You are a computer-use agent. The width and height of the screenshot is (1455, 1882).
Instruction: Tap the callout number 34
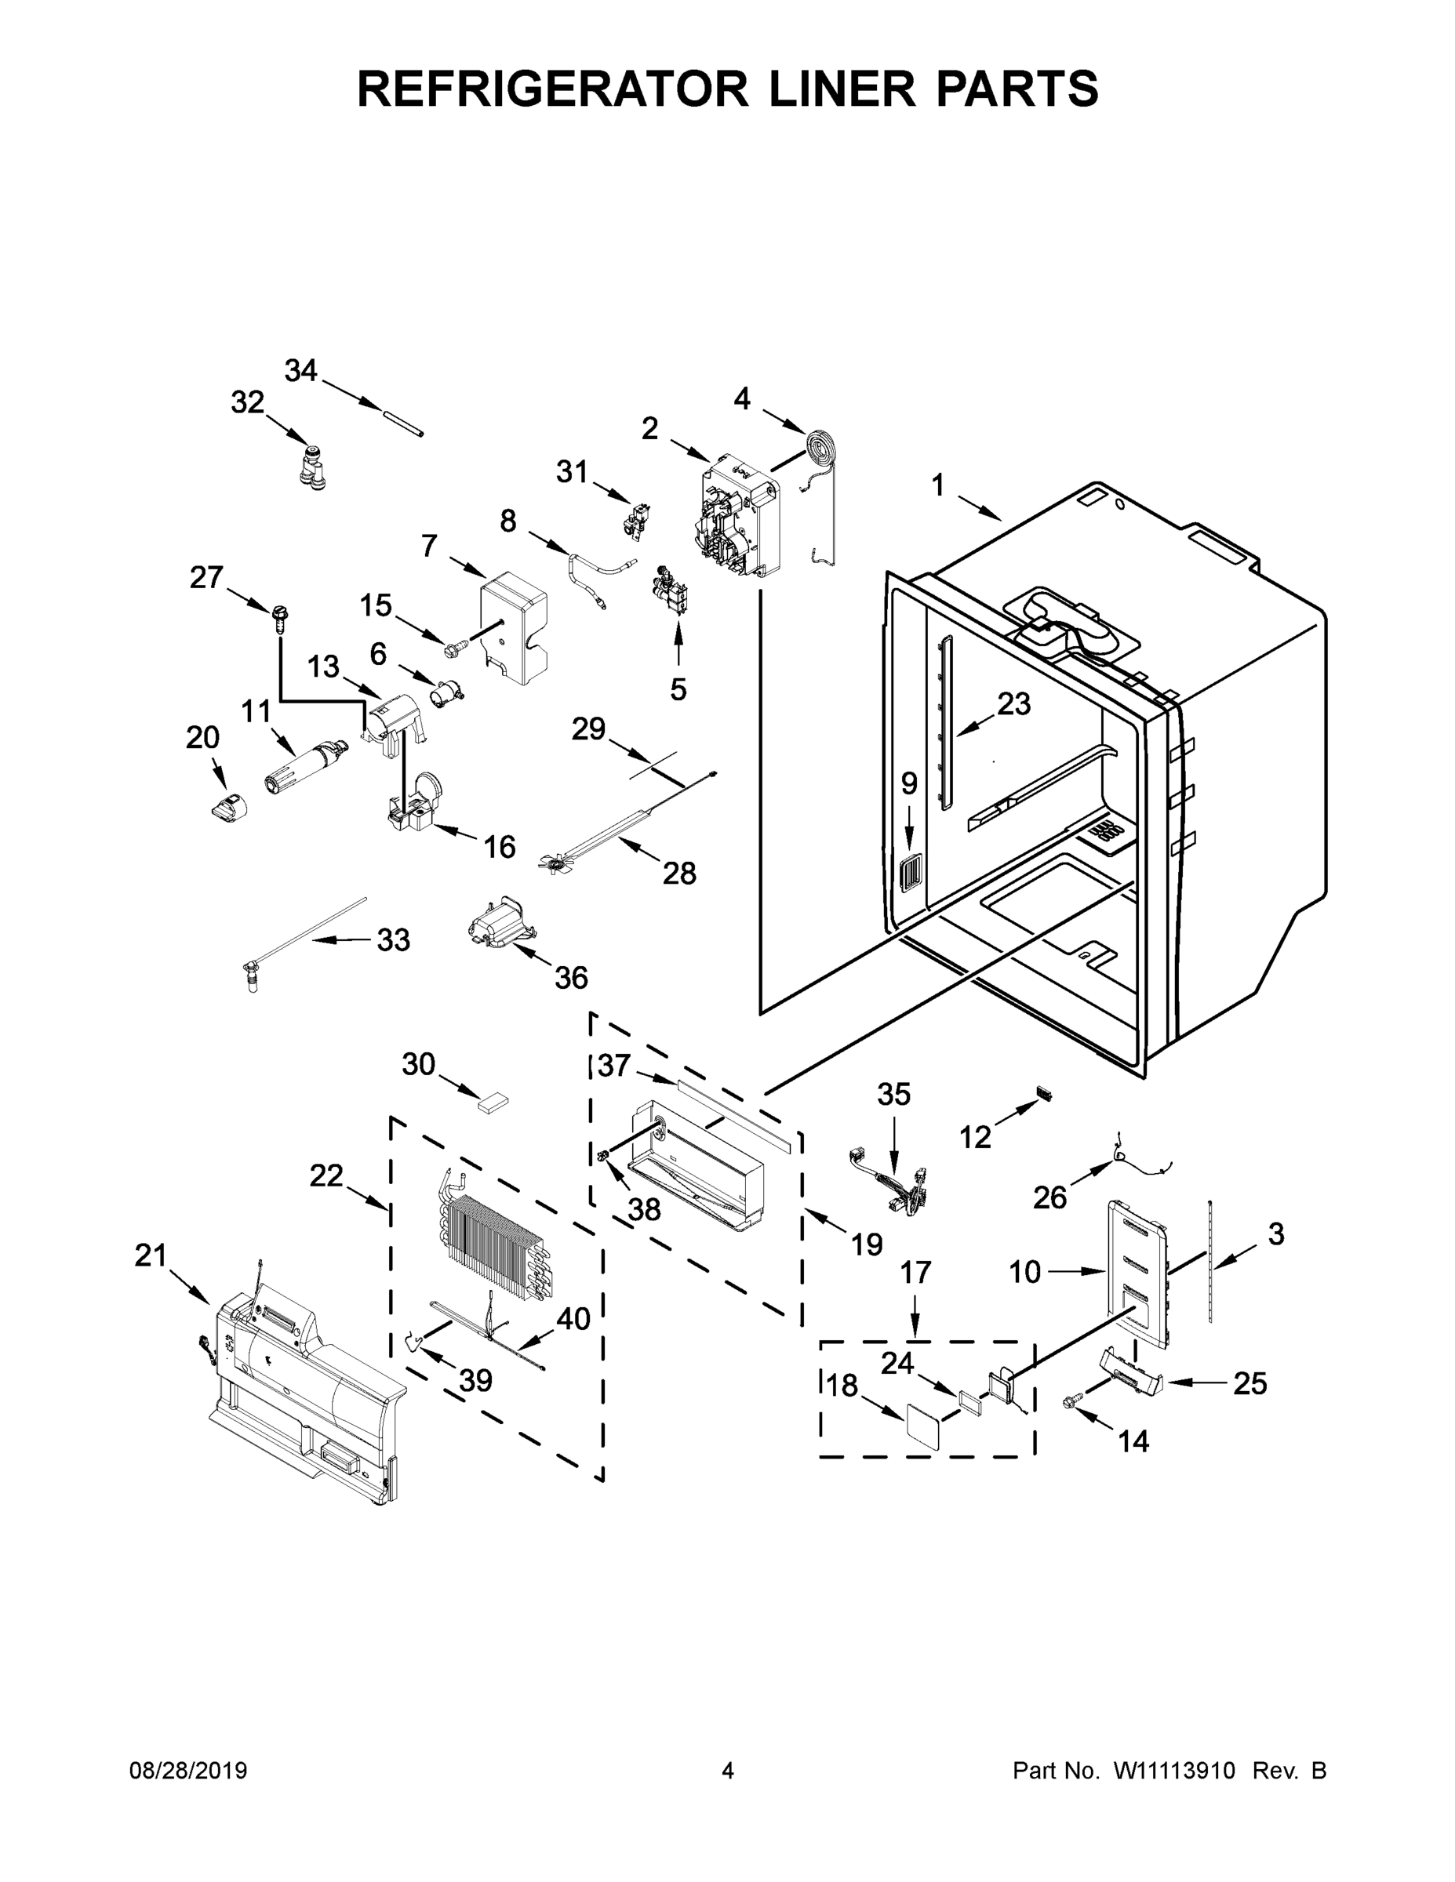click(302, 372)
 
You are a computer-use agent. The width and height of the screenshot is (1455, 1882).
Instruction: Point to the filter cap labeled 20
click(227, 809)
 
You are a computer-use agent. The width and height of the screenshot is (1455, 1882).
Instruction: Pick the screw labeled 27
click(279, 616)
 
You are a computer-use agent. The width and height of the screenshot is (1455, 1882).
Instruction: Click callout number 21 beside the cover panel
click(150, 1255)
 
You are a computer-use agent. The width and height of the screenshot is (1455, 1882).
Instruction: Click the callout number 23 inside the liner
click(1013, 703)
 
